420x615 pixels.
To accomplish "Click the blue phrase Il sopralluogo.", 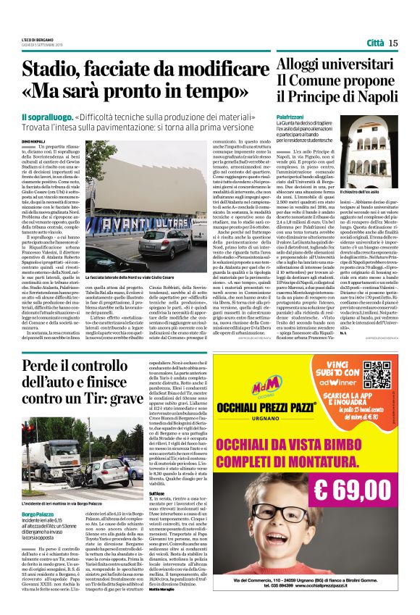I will [46, 117].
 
